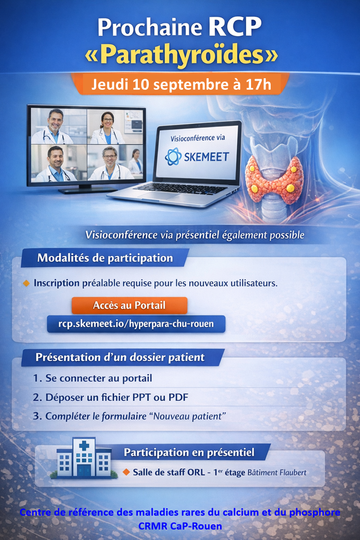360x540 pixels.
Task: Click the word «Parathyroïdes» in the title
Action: click(181, 55)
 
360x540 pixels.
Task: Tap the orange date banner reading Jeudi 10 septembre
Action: click(181, 84)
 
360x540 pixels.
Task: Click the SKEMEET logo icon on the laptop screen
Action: click(173, 156)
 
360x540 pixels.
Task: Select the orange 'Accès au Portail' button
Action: click(129, 305)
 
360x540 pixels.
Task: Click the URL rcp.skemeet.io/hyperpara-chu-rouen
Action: click(136, 324)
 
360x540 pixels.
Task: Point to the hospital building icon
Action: click(84, 458)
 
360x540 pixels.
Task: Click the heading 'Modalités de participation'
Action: click(105, 258)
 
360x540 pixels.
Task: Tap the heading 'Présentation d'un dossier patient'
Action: click(120, 358)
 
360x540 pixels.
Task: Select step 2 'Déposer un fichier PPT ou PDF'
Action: click(110, 397)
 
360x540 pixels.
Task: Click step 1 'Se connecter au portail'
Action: click(92, 378)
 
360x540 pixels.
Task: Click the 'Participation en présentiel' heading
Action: click(189, 452)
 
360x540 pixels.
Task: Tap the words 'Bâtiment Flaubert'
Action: click(277, 472)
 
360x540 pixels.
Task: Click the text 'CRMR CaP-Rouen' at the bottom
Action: click(180, 526)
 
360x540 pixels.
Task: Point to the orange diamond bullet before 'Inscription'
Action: click(26, 283)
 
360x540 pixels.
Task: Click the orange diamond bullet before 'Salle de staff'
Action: click(126, 472)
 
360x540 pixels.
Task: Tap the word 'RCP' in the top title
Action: click(235, 27)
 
